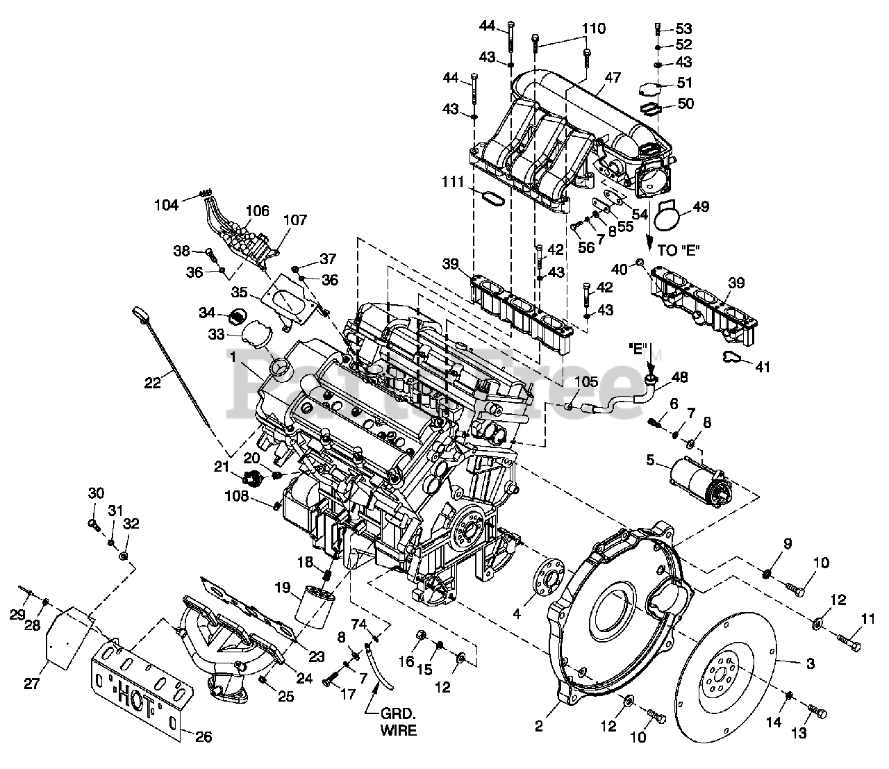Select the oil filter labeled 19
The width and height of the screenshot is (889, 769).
(315, 607)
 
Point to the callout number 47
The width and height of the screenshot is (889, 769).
(613, 77)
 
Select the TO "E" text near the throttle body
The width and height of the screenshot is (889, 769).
(679, 250)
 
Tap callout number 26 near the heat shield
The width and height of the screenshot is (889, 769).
(203, 749)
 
